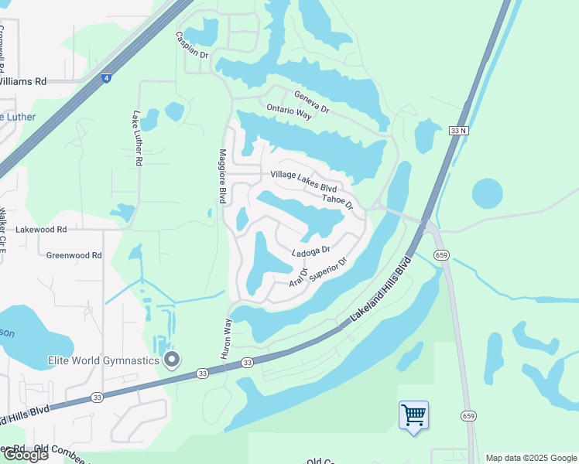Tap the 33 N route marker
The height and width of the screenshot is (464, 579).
coord(458,131)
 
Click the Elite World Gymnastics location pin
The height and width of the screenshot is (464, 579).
coord(172,360)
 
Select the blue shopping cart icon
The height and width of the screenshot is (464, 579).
coord(413,415)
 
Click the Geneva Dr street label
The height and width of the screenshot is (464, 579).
coord(311,102)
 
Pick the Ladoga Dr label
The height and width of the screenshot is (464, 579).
coord(311,252)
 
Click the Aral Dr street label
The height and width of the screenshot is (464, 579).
coord(298,278)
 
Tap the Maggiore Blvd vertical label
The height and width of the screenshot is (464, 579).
coord(222,176)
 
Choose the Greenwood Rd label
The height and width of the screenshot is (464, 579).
coord(74,255)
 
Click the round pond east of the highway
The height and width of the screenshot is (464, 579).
coord(487,193)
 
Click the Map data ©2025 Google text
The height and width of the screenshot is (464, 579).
coord(531,458)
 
